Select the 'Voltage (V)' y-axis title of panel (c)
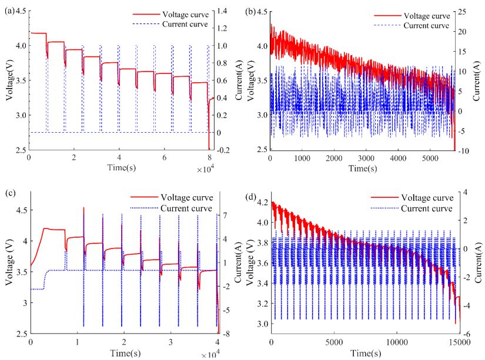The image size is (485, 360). (9, 265)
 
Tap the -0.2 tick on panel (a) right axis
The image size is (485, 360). (225, 150)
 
